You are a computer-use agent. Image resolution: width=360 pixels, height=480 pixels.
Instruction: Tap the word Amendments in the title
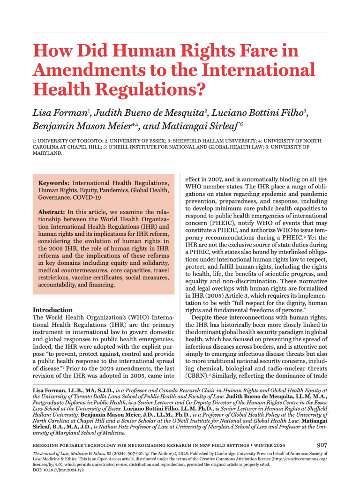[89, 70]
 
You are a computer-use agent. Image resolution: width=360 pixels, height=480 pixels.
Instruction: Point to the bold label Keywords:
[54, 182]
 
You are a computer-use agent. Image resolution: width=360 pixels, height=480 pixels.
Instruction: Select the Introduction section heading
[52, 310]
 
